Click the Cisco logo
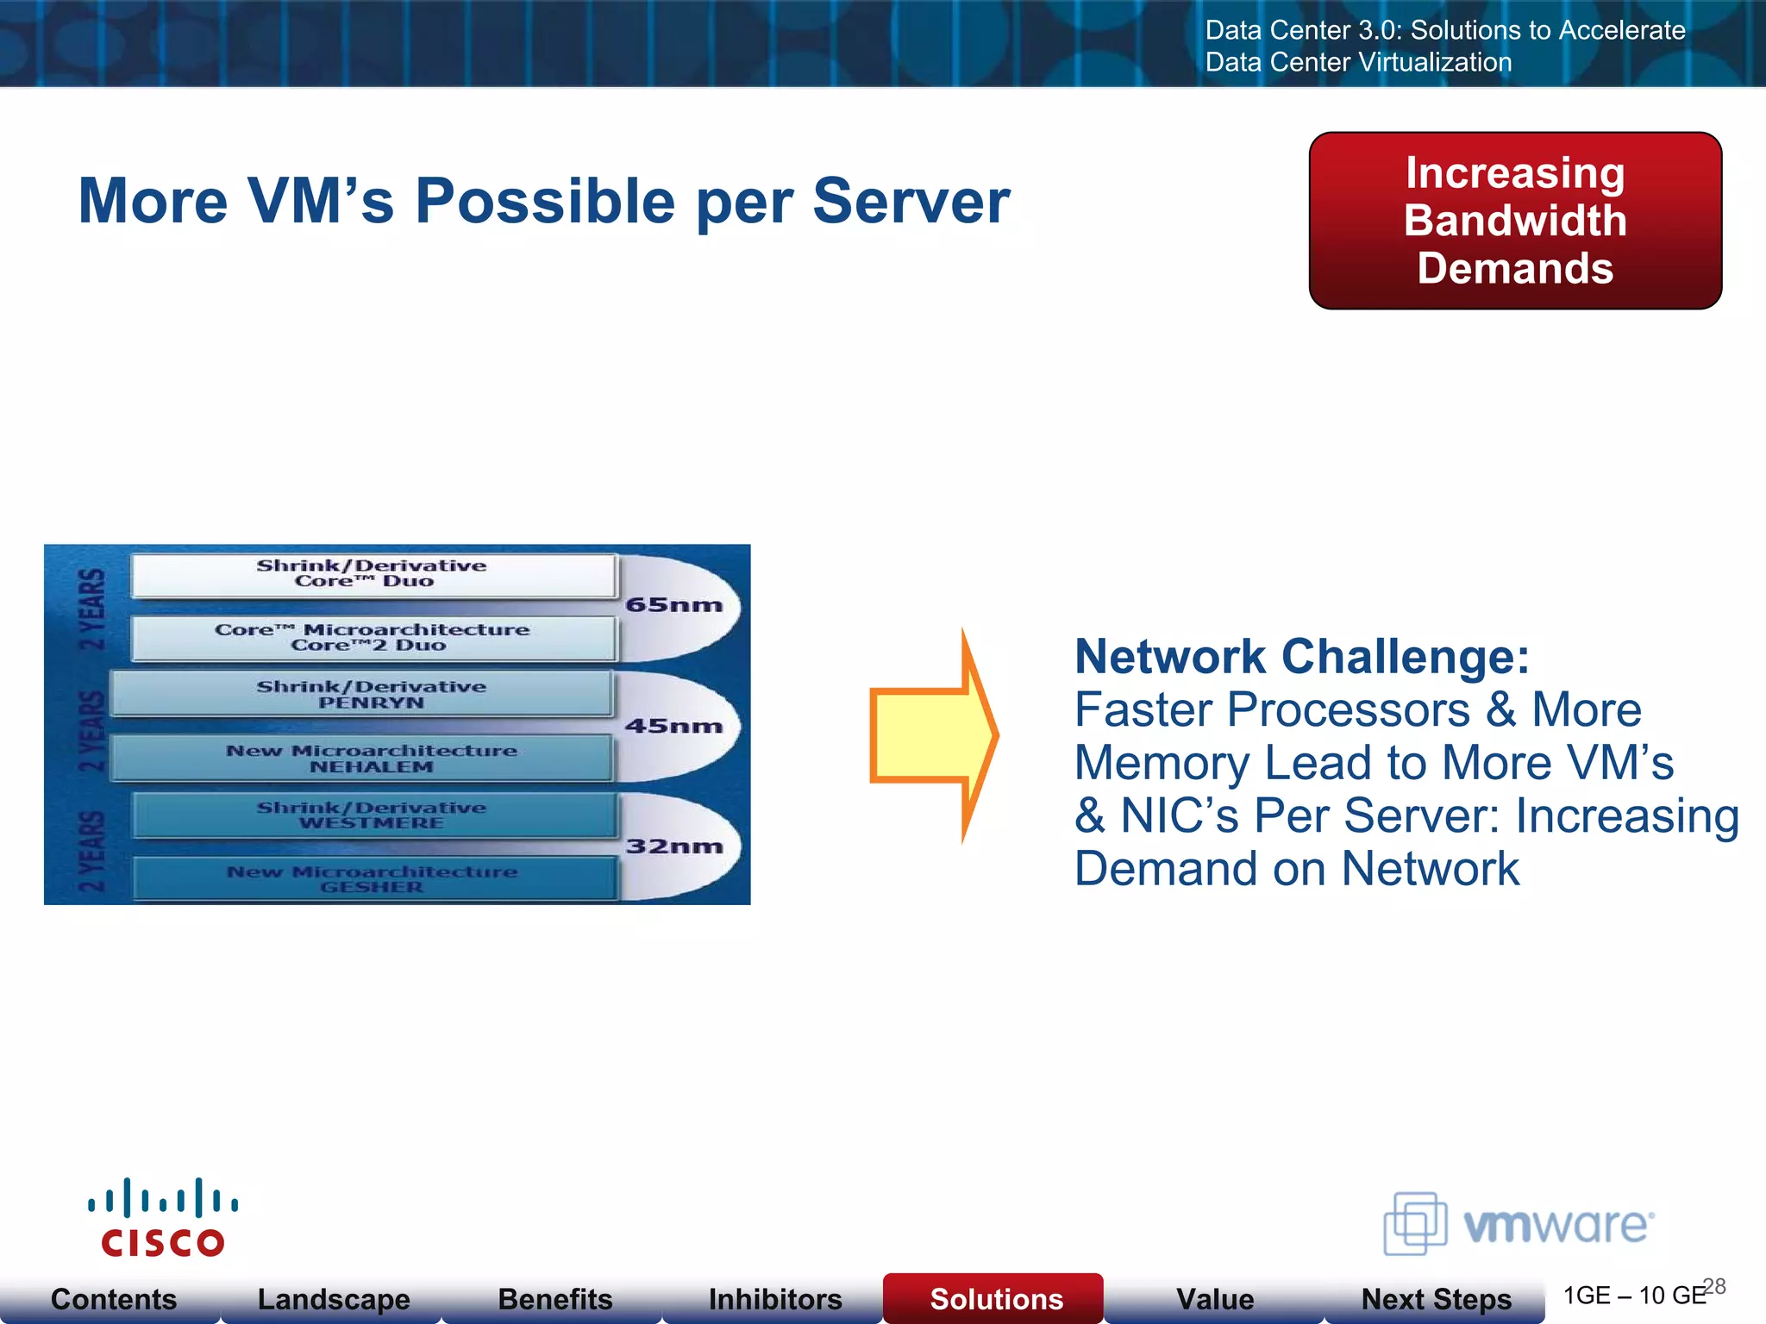pyautogui.click(x=162, y=1218)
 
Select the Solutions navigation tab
pyautogui.click(x=996, y=1298)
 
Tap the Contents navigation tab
pyautogui.click(x=113, y=1298)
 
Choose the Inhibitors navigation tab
pyautogui.click(x=774, y=1298)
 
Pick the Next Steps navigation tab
pyautogui.click(x=1436, y=1298)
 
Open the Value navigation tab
pyautogui.click(x=1215, y=1298)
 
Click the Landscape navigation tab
pyautogui.click(x=334, y=1298)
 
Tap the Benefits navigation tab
pyautogui.click(x=554, y=1298)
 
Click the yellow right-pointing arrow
pyautogui.click(x=931, y=735)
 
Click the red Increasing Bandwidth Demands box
pyautogui.click(x=1515, y=221)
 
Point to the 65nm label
pyautogui.click(x=673, y=605)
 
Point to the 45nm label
pyautogui.click(x=673, y=726)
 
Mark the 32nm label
pyautogui.click(x=673, y=846)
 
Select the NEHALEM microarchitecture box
pyautogui.click(x=371, y=759)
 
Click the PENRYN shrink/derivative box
pyautogui.click(x=371, y=694)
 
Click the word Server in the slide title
pyautogui.click(x=911, y=202)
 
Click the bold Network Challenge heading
pyautogui.click(x=1301, y=657)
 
